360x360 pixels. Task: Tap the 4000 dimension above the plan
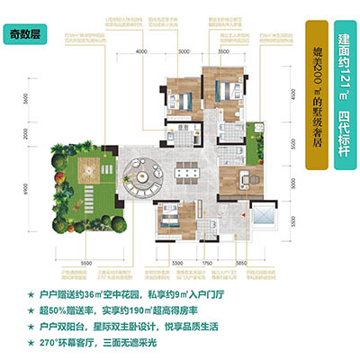(x=141, y=54)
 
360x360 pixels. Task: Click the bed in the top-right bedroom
(x=219, y=90)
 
